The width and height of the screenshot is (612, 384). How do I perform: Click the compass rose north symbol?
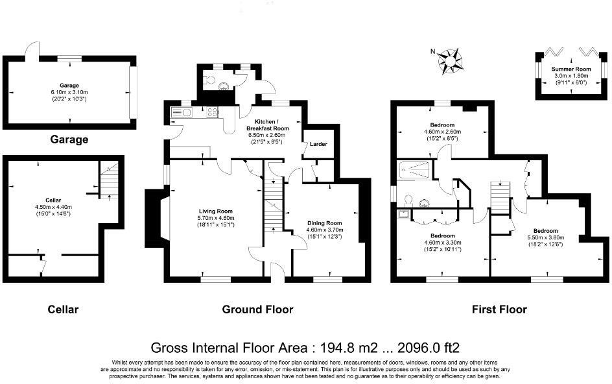point(450,60)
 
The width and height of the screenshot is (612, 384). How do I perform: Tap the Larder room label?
point(318,144)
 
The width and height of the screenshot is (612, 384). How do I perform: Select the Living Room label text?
point(215,211)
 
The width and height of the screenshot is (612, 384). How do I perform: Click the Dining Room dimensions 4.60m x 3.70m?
point(324,230)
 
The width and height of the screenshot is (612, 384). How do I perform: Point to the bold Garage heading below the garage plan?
point(69,139)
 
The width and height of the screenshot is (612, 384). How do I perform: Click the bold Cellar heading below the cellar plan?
point(63,309)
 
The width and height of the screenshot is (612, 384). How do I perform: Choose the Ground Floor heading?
point(257,309)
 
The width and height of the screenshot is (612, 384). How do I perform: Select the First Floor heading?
point(499,309)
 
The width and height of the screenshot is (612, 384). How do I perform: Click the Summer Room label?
point(571,69)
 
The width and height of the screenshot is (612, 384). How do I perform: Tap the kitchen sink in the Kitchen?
point(182,112)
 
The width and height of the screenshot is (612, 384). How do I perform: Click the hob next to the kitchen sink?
point(213,112)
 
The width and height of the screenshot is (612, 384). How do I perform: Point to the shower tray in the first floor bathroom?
point(414,171)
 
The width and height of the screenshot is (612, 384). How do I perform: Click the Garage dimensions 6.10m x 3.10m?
point(69,92)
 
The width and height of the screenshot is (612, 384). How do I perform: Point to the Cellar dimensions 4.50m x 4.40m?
point(53,207)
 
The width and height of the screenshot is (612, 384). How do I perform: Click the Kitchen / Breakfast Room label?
point(267,125)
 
